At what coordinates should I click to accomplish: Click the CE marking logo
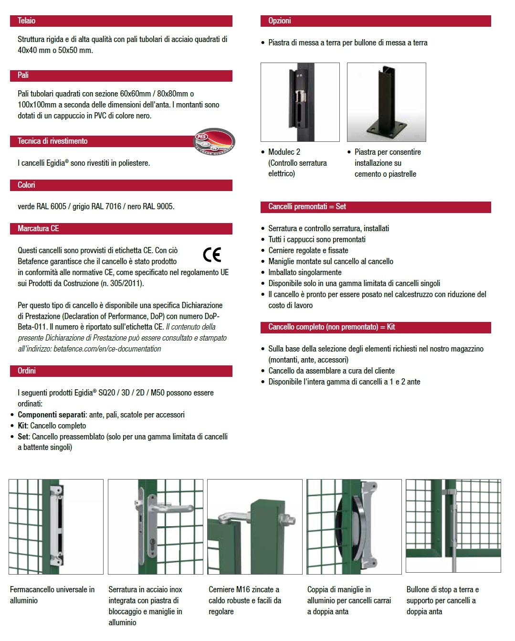click(x=212, y=255)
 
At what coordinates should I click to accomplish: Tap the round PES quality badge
click(x=214, y=141)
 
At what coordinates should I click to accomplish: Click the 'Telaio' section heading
click(x=26, y=21)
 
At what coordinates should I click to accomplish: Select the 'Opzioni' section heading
click(x=279, y=21)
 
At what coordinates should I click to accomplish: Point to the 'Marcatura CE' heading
click(x=38, y=229)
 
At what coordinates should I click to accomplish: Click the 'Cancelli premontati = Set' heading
click(x=307, y=207)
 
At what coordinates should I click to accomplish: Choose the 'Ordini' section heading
click(x=27, y=371)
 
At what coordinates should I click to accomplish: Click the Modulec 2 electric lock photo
click(x=300, y=102)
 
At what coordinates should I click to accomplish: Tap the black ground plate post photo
click(x=386, y=102)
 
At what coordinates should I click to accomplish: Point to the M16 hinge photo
click(x=254, y=527)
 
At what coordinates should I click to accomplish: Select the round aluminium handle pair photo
click(x=354, y=527)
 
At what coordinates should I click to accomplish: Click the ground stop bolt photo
click(x=453, y=526)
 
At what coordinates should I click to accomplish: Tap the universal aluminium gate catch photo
click(x=56, y=527)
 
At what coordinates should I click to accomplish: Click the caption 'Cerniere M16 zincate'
click(x=243, y=590)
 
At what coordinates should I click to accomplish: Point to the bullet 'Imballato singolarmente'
click(x=305, y=273)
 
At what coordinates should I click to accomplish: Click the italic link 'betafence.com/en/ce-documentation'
click(x=107, y=349)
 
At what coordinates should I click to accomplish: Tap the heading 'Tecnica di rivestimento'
click(x=53, y=141)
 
